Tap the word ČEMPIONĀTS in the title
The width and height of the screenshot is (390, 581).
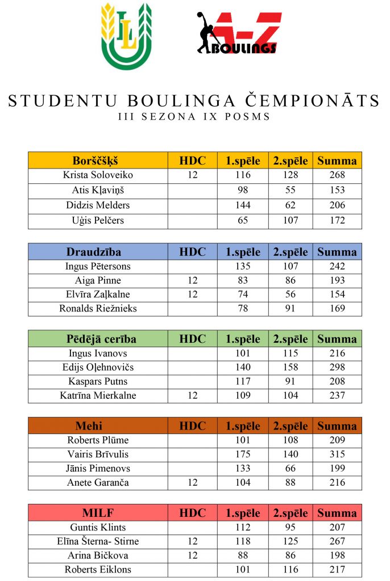point(315,101)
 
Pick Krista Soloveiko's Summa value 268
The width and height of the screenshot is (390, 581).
point(337,175)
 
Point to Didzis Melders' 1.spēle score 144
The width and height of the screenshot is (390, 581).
point(243,205)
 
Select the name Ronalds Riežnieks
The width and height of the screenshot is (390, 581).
point(98,309)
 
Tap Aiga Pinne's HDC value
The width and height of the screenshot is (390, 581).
point(192,280)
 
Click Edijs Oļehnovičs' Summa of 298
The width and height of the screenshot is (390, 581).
point(337,367)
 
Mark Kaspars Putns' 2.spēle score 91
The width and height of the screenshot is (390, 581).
point(290,381)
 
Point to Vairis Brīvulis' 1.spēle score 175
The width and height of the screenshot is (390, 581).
point(243,454)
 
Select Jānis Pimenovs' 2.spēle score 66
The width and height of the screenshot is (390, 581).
point(290,468)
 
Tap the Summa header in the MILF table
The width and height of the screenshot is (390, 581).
point(337,513)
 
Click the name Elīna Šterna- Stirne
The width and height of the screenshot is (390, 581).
point(98,541)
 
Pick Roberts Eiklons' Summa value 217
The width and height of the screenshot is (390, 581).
point(337,569)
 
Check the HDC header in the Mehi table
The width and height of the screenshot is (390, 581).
point(192,426)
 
